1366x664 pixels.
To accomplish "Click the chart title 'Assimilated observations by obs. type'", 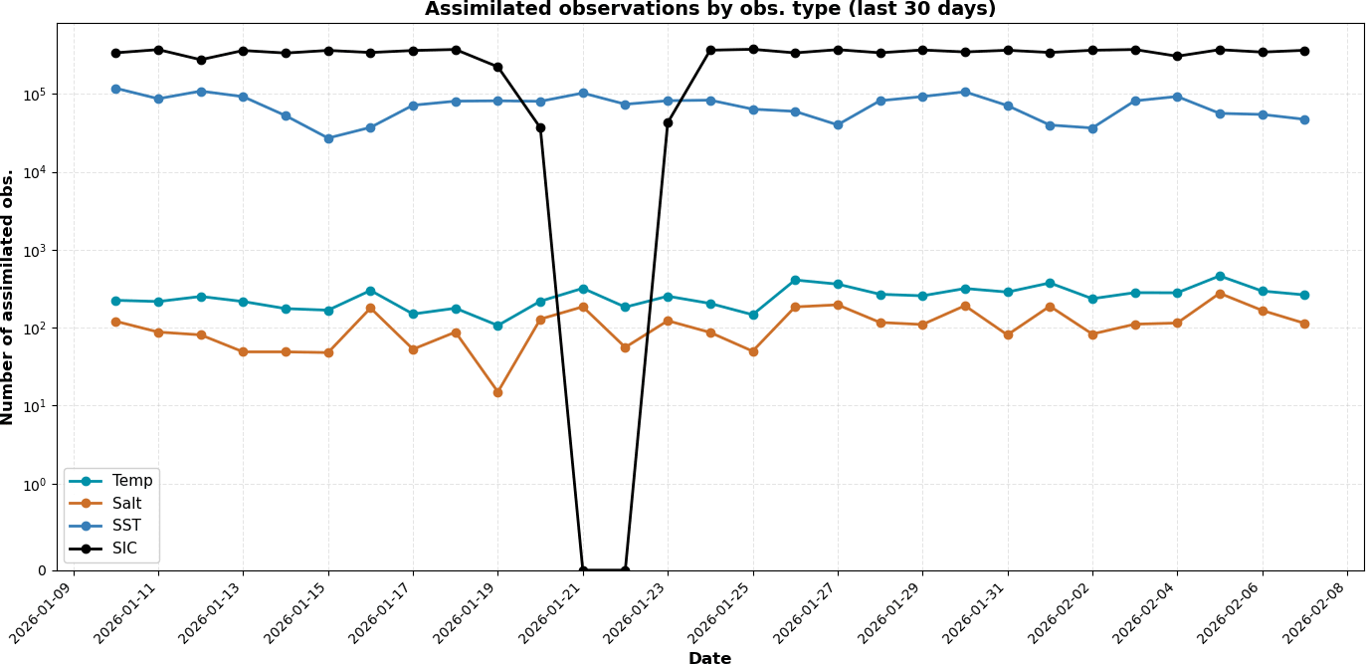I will (x=709, y=10).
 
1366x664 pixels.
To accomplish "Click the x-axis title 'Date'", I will (x=709, y=658).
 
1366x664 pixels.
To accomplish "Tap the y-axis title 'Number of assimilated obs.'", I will (x=9, y=297).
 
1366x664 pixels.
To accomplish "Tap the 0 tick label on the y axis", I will (x=42, y=570).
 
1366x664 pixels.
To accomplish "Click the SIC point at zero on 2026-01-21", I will (x=583, y=570).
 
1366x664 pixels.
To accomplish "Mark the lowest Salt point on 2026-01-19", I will (x=497, y=392).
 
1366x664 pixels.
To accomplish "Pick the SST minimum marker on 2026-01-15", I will (x=328, y=138).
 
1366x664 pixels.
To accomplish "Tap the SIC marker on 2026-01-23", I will (x=668, y=122).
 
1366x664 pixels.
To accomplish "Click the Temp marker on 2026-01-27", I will (x=838, y=285).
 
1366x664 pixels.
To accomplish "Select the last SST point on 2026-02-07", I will (x=1304, y=119).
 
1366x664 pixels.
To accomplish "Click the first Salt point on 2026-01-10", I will (x=115, y=322).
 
